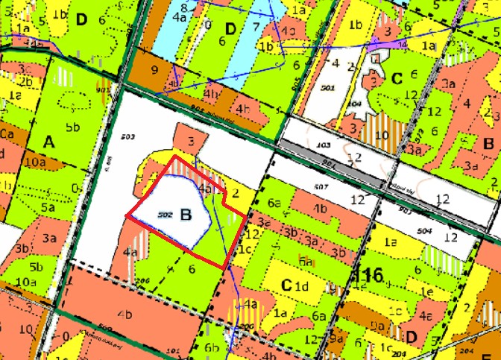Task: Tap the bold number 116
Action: (370, 275)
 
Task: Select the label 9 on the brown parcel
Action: (154, 71)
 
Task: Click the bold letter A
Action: (49, 141)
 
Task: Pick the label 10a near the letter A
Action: (34, 161)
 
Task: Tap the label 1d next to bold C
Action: (301, 286)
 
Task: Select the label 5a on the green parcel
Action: (48, 209)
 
